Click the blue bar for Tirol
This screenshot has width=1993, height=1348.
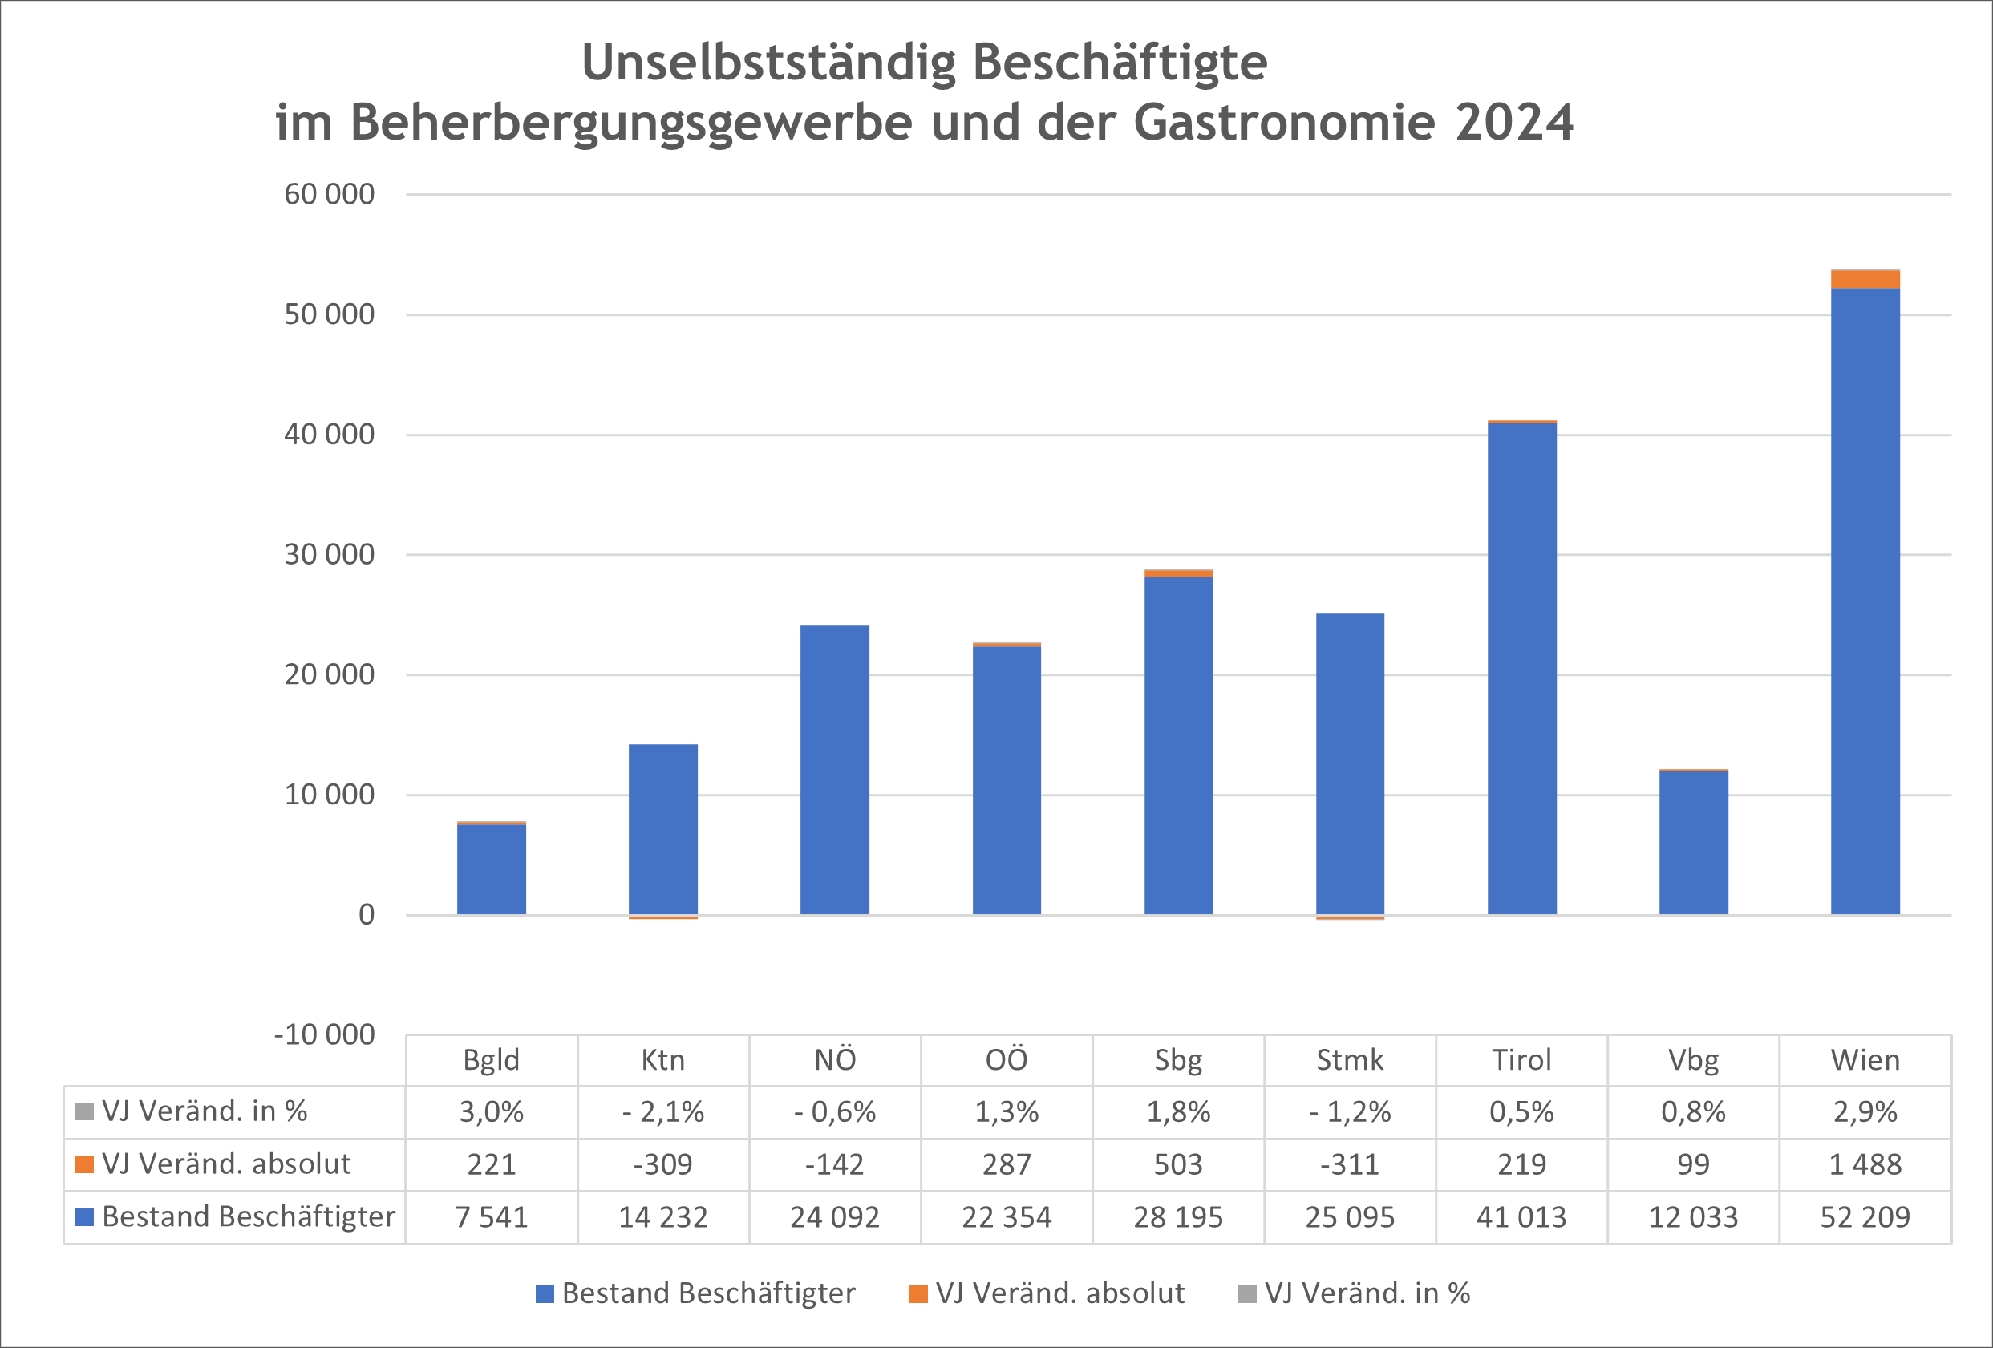1521,669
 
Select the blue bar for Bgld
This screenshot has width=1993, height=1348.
492,868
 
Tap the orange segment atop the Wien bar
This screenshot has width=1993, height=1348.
1865,280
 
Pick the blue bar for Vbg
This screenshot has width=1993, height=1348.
1694,842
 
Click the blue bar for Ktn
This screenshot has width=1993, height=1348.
663,829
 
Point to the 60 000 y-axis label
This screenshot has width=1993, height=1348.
330,195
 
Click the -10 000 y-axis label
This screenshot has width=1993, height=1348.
324,1035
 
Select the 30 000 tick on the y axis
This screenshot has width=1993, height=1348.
330,555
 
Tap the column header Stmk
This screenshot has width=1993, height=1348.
1350,1061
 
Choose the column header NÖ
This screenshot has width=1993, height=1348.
834,1061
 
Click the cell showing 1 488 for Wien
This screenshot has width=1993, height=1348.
1865,1164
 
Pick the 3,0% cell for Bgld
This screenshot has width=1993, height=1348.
492,1112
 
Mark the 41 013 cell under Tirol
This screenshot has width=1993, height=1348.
1521,1217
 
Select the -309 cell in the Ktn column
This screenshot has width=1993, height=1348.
663,1164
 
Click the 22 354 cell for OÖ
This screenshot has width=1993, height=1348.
1006,1217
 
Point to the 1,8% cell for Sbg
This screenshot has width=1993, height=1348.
1178,1112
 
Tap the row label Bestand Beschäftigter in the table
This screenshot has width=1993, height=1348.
248,1216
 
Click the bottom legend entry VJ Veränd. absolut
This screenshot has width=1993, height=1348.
1059,1293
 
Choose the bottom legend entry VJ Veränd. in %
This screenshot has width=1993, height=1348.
1367,1293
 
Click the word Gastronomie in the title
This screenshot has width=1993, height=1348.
1284,122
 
